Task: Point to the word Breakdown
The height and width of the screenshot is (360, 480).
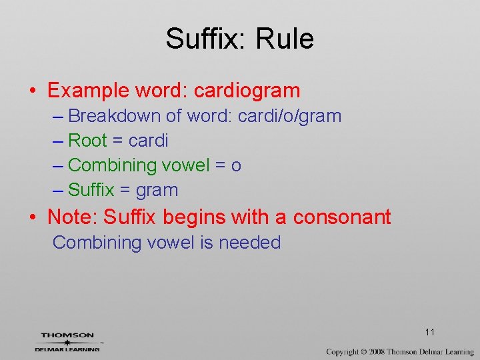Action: point(115,116)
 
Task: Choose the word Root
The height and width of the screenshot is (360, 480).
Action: point(87,141)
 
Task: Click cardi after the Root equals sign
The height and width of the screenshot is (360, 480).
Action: point(148,141)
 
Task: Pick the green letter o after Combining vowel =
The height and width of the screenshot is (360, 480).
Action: point(236,165)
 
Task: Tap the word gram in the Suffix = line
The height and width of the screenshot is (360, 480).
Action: point(157,191)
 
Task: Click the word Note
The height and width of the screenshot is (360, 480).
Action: point(73,217)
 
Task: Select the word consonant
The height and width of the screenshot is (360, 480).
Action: point(342,217)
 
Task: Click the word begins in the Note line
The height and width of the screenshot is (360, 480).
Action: point(195,217)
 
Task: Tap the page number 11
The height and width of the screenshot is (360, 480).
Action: point(429,332)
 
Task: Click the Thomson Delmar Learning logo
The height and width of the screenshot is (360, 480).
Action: point(67,341)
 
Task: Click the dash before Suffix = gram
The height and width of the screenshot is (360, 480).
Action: point(58,191)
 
